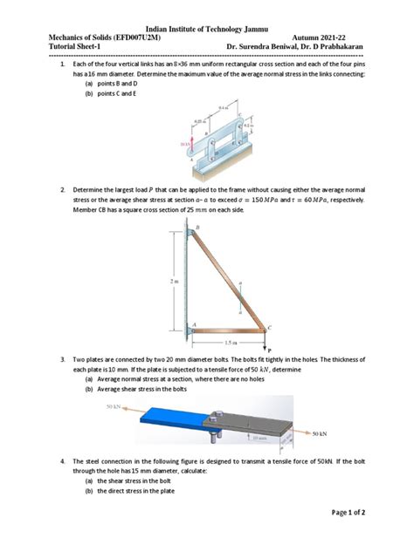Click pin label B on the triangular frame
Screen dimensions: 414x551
click(197, 227)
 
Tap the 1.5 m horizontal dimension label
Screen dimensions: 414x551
click(230, 342)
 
